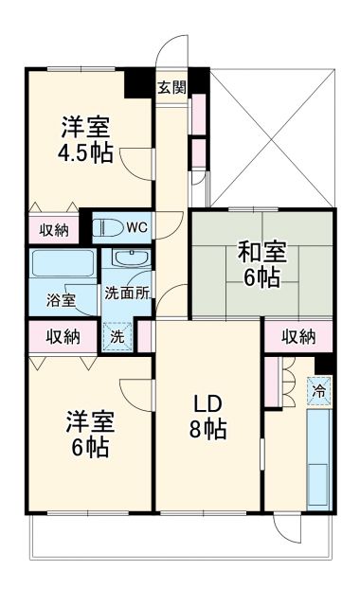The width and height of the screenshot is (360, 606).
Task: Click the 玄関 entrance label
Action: pos(171,87)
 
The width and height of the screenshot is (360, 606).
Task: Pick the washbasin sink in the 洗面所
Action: pos(125,259)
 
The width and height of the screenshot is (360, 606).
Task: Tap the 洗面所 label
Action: pos(127,293)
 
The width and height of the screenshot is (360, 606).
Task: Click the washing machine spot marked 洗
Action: pos(117,334)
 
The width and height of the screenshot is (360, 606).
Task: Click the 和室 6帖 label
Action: pos(259,264)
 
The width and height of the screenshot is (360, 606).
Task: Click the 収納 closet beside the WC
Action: pos(54,228)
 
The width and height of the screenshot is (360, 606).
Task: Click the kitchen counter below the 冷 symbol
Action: pos(319,454)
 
